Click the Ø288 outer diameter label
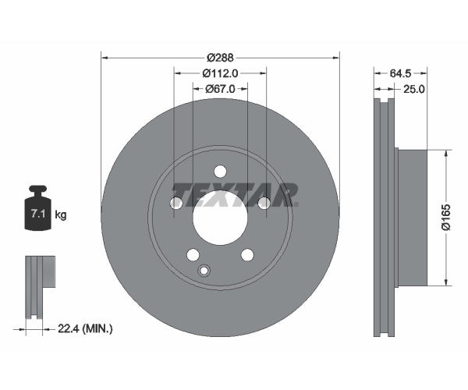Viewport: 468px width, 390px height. [220, 58]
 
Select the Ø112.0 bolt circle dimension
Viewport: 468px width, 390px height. [220, 73]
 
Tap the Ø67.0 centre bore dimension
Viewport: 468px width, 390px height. [220, 89]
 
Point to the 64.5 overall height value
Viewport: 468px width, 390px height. [401, 73]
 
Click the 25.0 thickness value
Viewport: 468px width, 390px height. [413, 89]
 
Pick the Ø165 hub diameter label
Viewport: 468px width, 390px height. [446, 218]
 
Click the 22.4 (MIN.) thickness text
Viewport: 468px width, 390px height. [85, 329]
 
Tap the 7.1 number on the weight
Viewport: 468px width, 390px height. [38, 214]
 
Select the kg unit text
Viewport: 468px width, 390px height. [61, 214]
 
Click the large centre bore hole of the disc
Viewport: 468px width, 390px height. [220, 218]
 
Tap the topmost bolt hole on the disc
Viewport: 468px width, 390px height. [220, 172]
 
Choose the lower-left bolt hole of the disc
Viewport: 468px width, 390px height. [193, 254]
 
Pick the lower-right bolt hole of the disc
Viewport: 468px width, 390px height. [247, 255]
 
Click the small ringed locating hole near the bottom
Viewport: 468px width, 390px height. [204, 271]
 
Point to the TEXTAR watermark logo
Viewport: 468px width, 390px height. [234, 195]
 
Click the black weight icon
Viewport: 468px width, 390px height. [37, 207]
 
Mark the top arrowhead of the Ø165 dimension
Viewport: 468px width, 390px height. [446, 153]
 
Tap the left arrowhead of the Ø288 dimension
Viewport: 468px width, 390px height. [105, 58]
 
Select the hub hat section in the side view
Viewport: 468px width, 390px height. [411, 218]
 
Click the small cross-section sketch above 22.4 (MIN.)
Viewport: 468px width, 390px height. [40, 287]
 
